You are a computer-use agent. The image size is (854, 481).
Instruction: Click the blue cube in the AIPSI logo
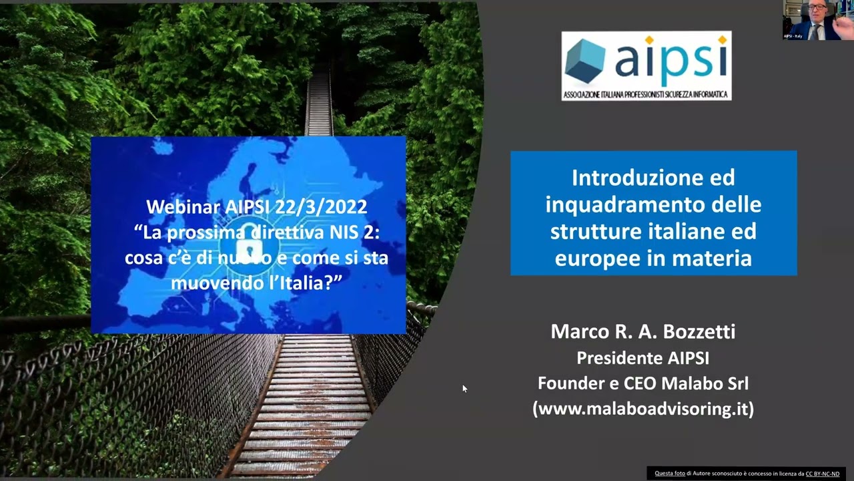tap(585, 61)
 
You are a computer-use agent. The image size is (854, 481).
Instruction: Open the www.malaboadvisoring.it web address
tap(643, 409)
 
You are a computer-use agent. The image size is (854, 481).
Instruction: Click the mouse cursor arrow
tap(464, 388)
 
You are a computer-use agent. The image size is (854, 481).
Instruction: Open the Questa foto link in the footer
tap(669, 474)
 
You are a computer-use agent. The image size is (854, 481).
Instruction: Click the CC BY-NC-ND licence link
tap(822, 474)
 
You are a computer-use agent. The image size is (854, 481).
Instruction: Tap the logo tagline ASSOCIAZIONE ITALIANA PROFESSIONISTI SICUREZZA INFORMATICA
tap(646, 95)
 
